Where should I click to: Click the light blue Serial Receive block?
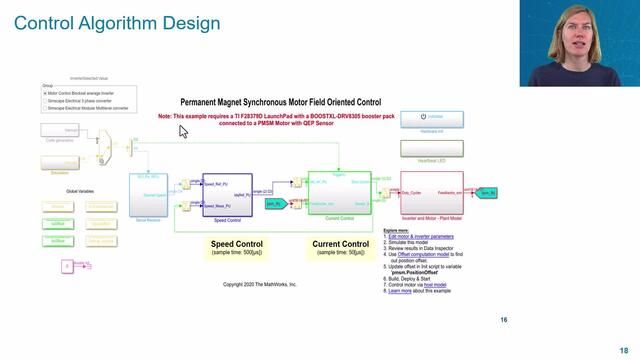point(148,193)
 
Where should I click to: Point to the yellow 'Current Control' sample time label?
point(339,248)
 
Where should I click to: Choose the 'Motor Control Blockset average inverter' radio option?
point(46,93)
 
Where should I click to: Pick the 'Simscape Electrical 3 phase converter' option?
point(46,100)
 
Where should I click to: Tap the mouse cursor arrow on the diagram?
point(183,131)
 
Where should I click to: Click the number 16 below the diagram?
point(504,320)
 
